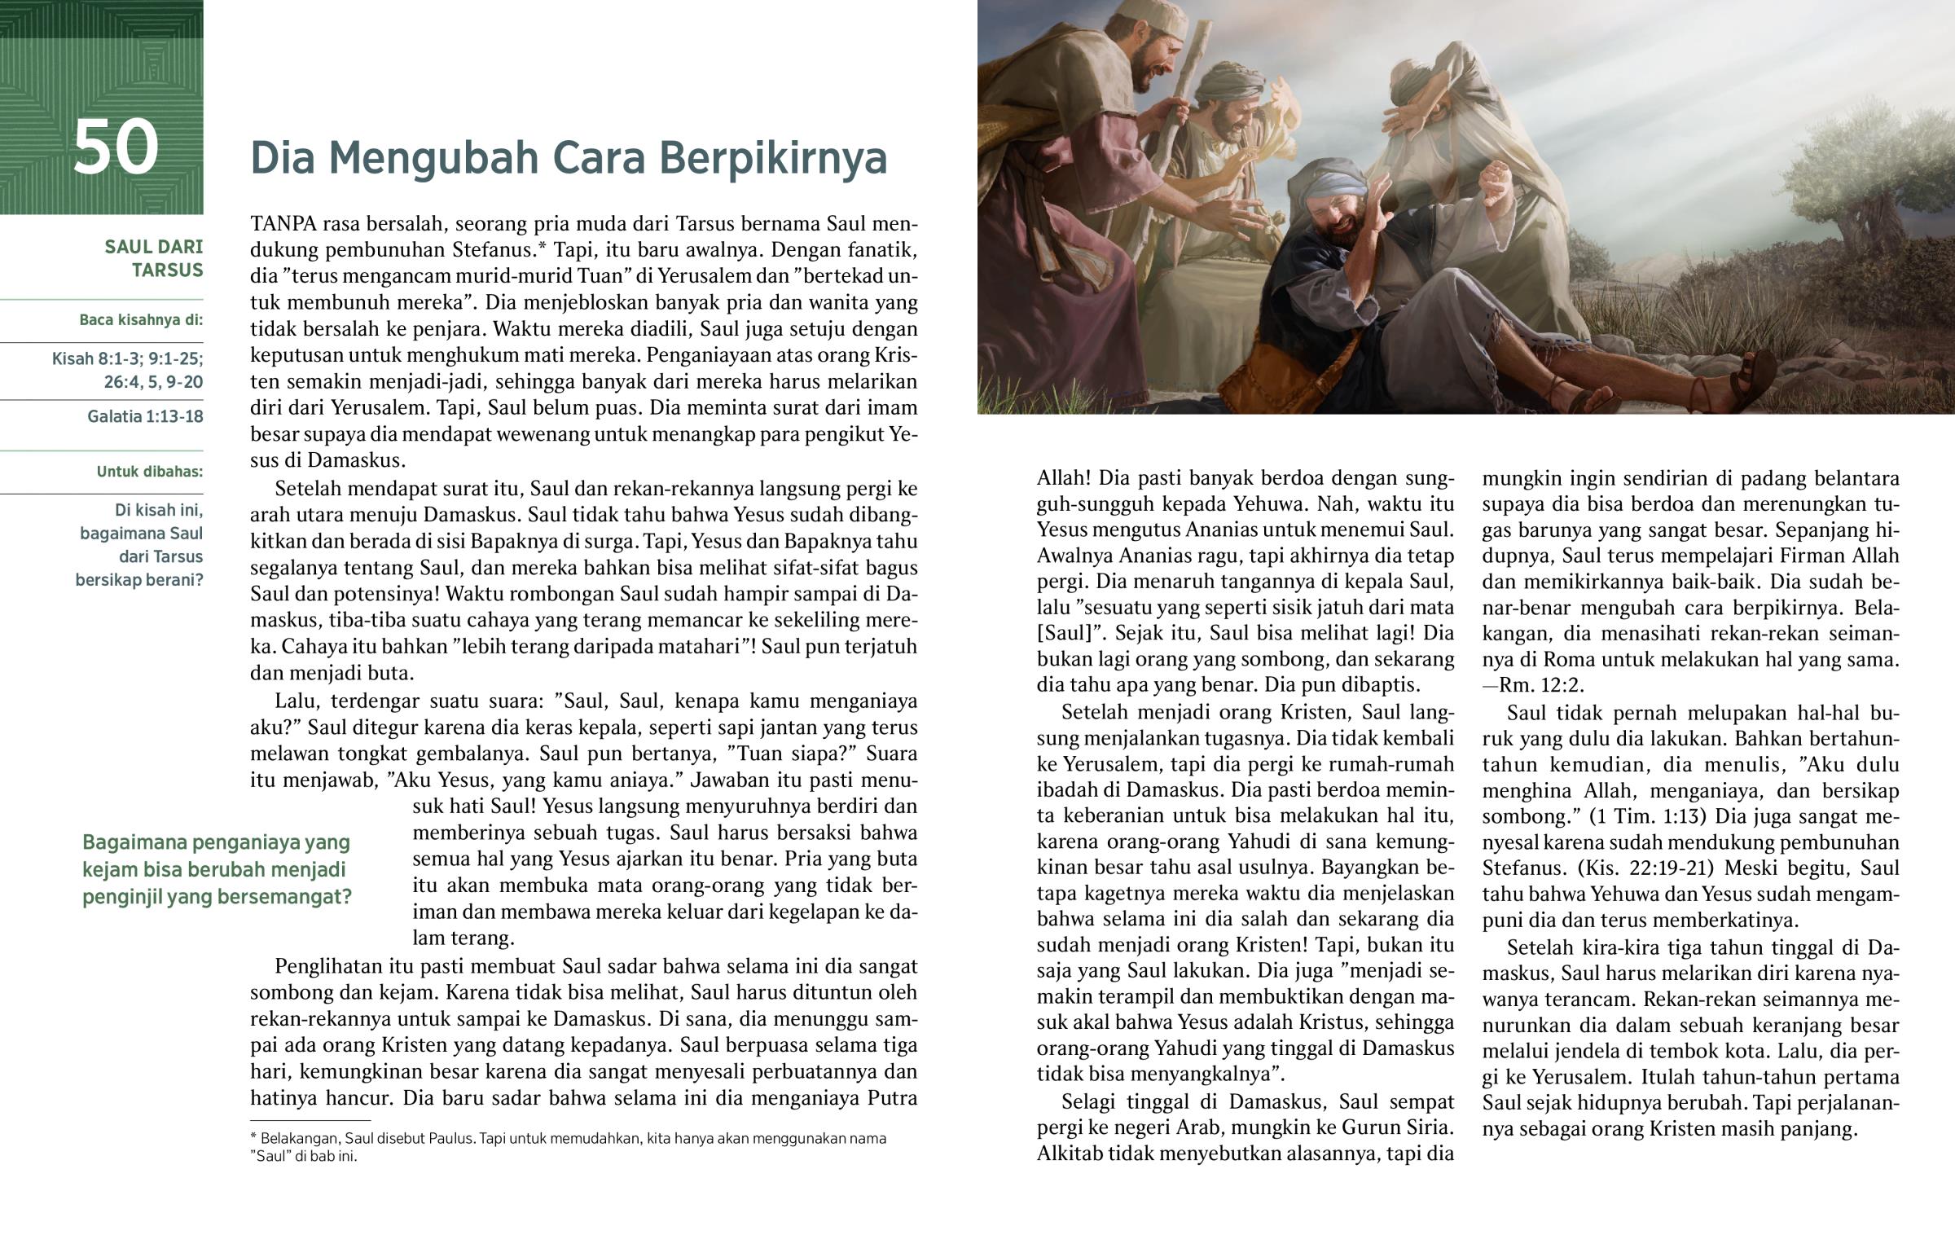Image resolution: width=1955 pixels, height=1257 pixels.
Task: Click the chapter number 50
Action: [115, 147]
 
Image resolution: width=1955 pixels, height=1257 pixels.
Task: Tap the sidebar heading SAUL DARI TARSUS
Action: [153, 258]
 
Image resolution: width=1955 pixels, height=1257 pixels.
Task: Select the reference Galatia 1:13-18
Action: [145, 416]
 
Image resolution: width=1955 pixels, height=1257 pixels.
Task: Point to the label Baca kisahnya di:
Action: [141, 320]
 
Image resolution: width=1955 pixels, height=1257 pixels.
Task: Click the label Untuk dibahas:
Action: [150, 472]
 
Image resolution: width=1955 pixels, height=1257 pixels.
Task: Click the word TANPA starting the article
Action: [283, 224]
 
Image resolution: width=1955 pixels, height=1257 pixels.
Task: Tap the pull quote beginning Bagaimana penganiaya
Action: [217, 869]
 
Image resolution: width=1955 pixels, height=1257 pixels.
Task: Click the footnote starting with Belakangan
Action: [568, 1147]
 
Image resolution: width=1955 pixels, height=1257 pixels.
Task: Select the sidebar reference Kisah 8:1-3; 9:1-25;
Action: [127, 359]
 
